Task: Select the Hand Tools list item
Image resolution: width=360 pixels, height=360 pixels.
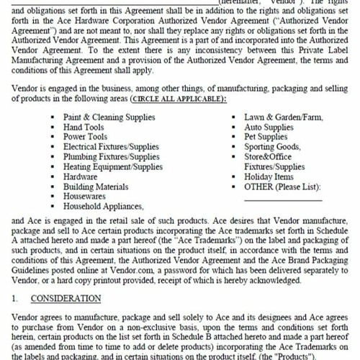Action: coord(84,127)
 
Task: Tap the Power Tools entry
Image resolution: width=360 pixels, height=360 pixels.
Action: coord(86,137)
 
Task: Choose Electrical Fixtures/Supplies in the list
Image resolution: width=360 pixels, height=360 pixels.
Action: coord(112,147)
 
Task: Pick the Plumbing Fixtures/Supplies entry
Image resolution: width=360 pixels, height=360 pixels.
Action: coord(112,157)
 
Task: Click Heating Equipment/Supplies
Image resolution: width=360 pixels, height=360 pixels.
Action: coord(112,167)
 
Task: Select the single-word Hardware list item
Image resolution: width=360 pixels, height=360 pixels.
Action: coord(81,176)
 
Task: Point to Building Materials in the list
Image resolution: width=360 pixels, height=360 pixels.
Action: coord(96,186)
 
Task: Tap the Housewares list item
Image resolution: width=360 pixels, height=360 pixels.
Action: coord(84,196)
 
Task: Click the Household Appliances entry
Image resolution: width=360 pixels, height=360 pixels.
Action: coord(104,206)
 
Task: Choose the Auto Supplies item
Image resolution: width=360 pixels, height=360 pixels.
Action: coord(269,127)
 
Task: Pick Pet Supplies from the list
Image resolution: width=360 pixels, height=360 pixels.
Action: coord(266,137)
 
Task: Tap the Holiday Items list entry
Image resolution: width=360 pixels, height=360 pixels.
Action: coord(269,176)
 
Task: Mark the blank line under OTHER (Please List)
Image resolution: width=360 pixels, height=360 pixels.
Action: coord(282,199)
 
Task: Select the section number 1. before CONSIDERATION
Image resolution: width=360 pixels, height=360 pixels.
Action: coord(16,297)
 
